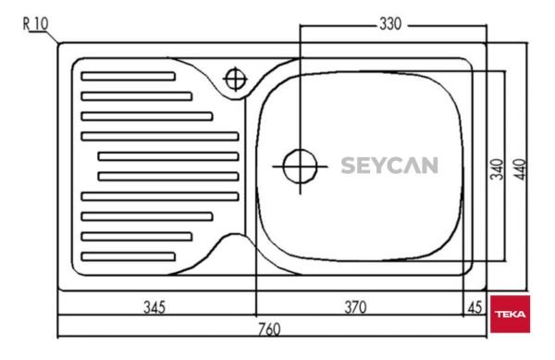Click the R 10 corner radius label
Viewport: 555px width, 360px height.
pyautogui.click(x=35, y=24)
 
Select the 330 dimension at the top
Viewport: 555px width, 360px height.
pyautogui.click(x=390, y=24)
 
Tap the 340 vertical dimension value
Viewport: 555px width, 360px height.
pyautogui.click(x=497, y=169)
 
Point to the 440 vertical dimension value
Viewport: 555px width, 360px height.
pyautogui.click(x=520, y=169)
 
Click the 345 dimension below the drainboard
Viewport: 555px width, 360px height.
pyautogui.click(x=154, y=307)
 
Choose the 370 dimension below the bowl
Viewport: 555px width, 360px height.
pyautogui.click(x=355, y=307)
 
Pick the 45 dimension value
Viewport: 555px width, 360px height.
pyautogui.click(x=475, y=307)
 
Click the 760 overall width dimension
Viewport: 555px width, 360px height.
pyautogui.click(x=269, y=329)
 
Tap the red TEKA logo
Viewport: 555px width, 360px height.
pyautogui.click(x=510, y=314)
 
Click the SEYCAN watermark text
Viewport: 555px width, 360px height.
pyautogui.click(x=389, y=166)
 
